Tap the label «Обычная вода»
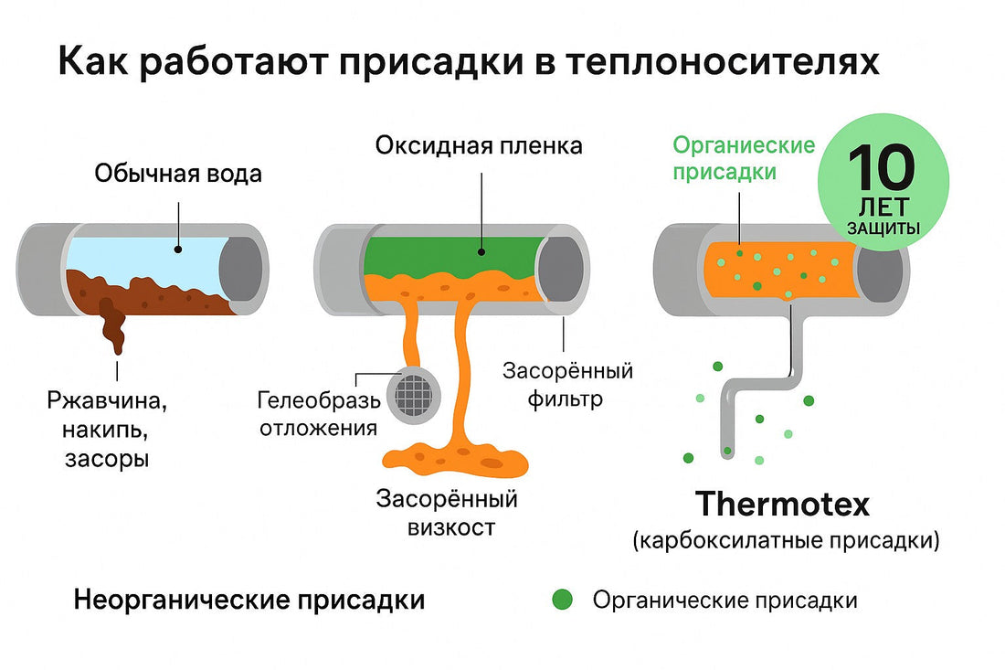coord(178,174)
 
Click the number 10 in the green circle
coord(881,167)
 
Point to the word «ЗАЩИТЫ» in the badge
coord(883,228)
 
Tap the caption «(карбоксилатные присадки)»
coord(785,540)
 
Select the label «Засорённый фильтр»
coord(568,385)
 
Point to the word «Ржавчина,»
coord(109,400)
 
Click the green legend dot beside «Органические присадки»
coord(563,600)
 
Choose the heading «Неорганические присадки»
coord(249,601)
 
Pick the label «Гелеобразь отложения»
coord(317,414)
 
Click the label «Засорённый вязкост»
coord(448,513)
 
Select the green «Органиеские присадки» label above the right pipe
coord(744,158)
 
